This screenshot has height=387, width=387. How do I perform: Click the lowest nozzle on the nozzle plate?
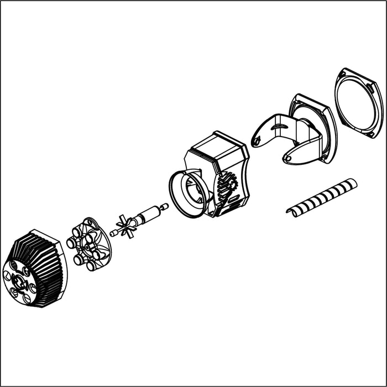91,266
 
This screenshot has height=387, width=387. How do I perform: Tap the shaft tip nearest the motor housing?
165,207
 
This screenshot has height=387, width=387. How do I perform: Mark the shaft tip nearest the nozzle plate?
113,233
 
